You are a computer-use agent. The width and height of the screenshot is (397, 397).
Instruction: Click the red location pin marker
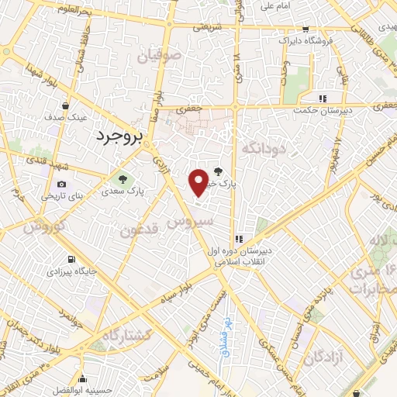click(x=198, y=182)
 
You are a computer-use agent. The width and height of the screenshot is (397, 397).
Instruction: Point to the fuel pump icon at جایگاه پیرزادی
click(x=71, y=259)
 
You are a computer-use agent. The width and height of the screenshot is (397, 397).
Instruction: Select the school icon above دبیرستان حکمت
click(x=323, y=98)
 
